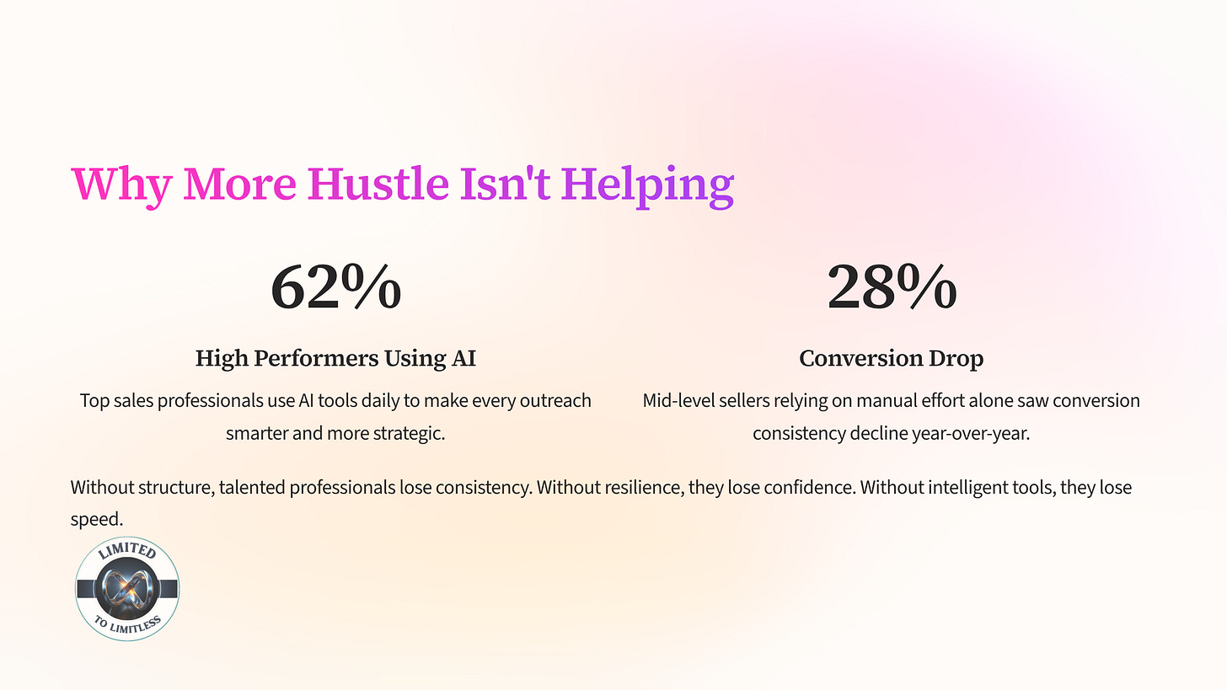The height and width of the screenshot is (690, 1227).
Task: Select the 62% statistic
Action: (x=335, y=286)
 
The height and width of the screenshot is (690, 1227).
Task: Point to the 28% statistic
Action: (x=892, y=286)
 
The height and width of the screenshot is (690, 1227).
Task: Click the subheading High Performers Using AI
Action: (x=335, y=358)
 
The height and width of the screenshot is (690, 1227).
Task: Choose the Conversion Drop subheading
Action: (x=891, y=358)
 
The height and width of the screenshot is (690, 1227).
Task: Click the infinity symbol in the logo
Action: (x=127, y=590)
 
